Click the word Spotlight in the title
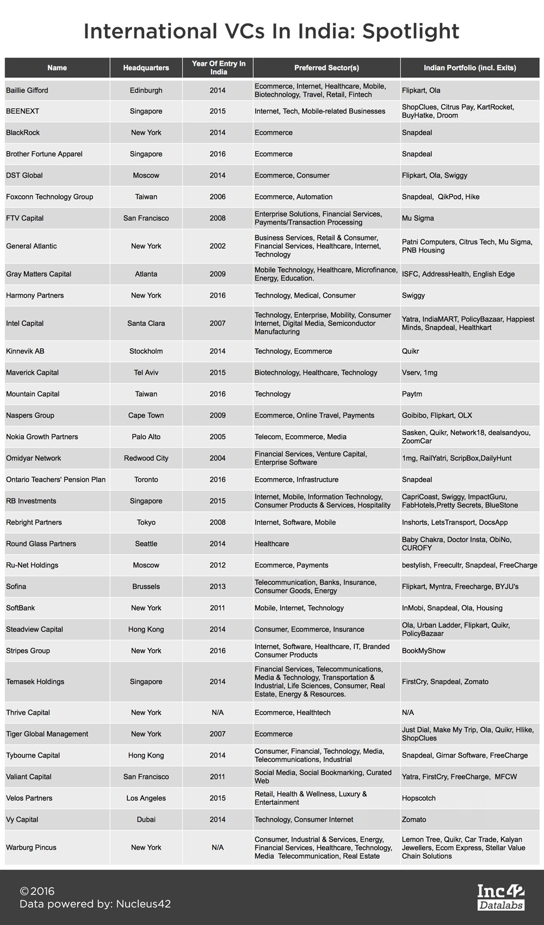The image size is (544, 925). tap(411, 32)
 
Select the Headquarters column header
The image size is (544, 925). tap(146, 68)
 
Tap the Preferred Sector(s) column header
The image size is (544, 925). tap(326, 68)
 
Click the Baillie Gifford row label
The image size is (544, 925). tap(27, 90)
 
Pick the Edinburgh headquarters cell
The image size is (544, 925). tap(146, 90)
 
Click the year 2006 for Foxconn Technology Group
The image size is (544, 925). tap(218, 197)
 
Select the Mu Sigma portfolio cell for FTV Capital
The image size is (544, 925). tap(418, 218)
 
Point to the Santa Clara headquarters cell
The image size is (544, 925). tap(146, 323)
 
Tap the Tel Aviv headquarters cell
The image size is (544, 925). tap(146, 373)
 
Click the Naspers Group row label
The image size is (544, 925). tap(30, 415)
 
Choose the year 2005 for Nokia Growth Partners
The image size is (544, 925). tap(218, 436)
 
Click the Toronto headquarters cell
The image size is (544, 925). tap(146, 479)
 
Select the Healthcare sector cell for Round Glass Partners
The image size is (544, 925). tap(272, 544)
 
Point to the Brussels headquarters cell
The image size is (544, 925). tap(146, 587)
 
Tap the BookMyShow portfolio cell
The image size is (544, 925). tap(424, 651)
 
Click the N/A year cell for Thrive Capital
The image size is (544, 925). tap(218, 712)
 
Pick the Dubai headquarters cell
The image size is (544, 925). tap(146, 819)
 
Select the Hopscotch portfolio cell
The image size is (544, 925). tap(419, 798)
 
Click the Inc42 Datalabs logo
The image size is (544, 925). tap(500, 897)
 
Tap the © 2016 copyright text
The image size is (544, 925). tap(37, 891)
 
